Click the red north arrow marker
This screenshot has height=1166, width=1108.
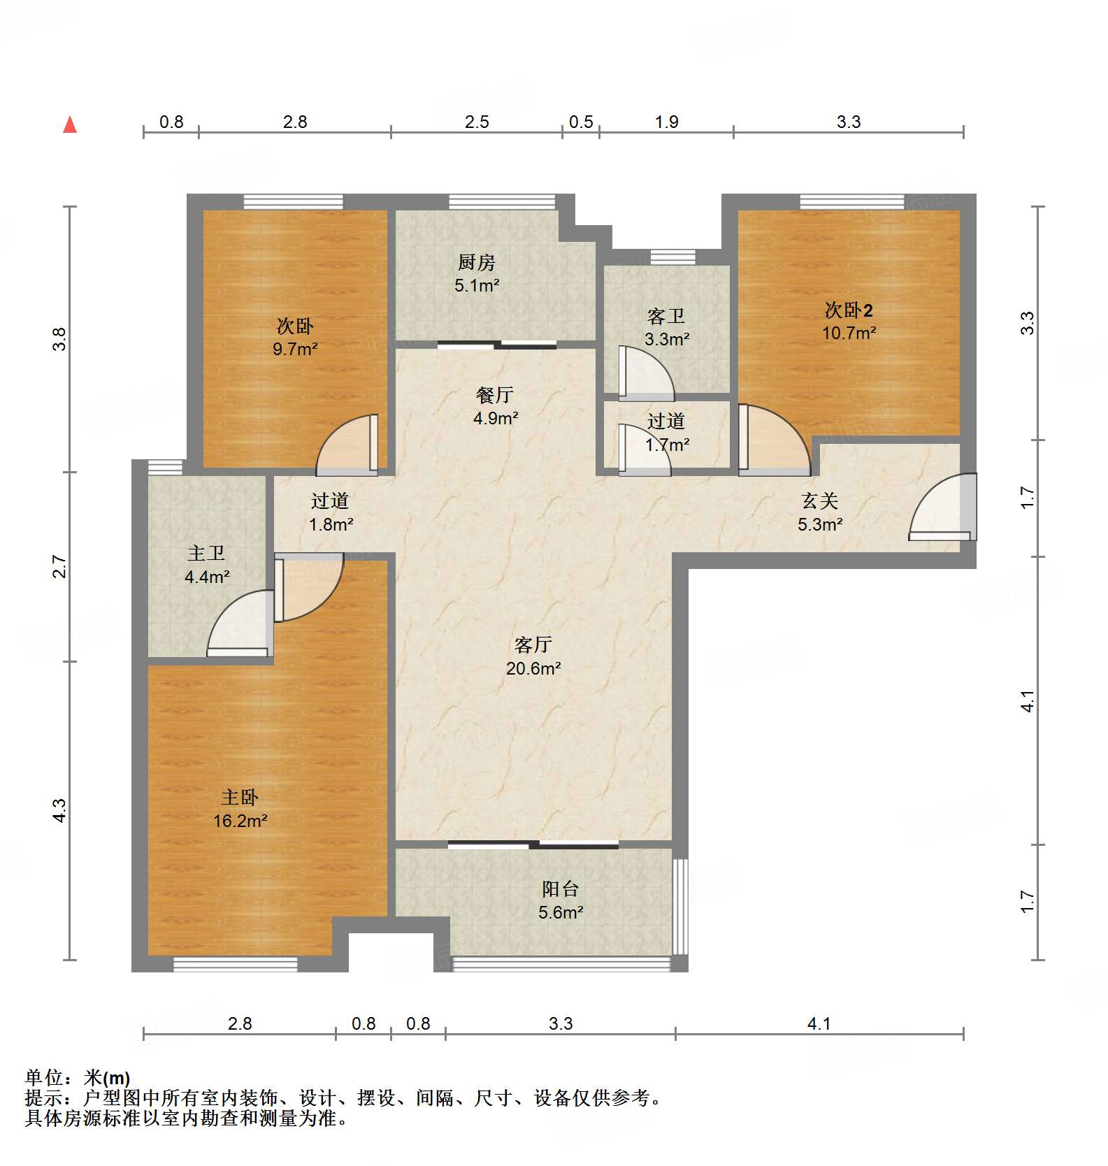(70, 125)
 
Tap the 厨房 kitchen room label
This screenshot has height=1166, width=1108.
(477, 263)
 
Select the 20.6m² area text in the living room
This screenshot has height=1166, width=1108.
(533, 668)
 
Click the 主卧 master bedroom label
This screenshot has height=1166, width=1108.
(240, 797)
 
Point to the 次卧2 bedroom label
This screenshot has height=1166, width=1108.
(848, 310)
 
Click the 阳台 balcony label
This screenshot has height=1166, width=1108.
(560, 888)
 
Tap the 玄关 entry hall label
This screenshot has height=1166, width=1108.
(819, 501)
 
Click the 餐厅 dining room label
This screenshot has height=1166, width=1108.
(495, 395)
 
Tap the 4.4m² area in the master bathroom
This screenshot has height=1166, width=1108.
(207, 577)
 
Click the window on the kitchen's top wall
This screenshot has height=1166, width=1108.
(502, 202)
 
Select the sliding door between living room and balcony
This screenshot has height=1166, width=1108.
(533, 844)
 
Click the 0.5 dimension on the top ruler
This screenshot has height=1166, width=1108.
(581, 122)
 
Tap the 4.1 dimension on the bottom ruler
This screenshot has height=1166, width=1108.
(819, 1024)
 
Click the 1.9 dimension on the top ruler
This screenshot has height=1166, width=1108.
(666, 122)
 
